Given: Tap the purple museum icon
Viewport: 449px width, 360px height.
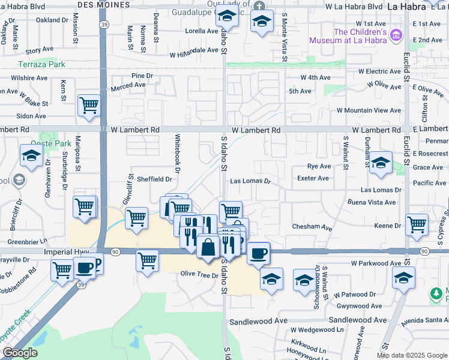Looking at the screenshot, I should coord(396,37).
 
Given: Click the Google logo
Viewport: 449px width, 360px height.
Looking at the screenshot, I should coord(20,353).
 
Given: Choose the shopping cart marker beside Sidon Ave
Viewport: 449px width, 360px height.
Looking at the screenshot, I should coord(89,106).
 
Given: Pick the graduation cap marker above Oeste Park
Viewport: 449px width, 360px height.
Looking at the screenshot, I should coord(31,155).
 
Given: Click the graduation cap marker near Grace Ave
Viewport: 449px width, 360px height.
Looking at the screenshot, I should coord(381,163).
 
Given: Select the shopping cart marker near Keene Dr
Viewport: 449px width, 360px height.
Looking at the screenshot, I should coord(417,225).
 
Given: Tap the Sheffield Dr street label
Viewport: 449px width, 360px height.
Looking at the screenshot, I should coord(154,179).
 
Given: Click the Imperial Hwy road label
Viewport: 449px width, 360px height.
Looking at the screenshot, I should coord(66,253).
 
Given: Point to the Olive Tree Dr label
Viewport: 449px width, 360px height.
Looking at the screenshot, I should coord(199,274).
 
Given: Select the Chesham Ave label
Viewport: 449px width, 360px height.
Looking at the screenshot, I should coord(312,227).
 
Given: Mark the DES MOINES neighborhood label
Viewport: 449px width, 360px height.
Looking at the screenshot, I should coord(100,4).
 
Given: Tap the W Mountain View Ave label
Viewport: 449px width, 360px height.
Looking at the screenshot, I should coord(369,110).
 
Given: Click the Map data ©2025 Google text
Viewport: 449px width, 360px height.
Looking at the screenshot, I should coord(411,355).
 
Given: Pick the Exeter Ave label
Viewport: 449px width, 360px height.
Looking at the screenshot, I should coord(313,178).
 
